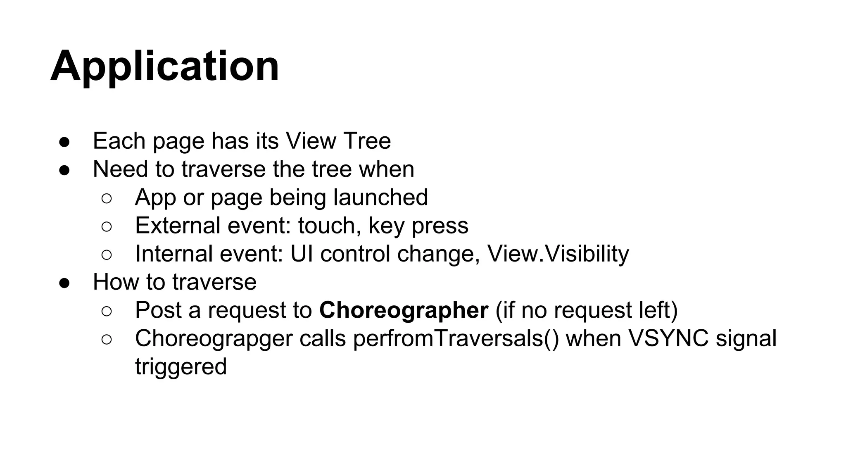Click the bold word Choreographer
404,310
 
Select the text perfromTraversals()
456,338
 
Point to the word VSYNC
668,338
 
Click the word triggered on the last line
181,367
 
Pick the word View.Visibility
558,254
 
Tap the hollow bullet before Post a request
106,311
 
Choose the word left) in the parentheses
656,310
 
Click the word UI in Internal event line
302,254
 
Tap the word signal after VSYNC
746,338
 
